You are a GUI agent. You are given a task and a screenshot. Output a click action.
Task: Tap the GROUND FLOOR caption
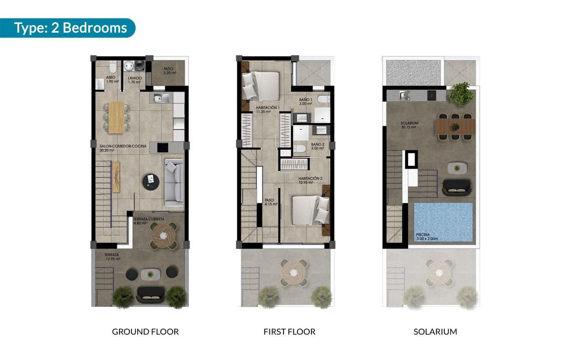[145, 332]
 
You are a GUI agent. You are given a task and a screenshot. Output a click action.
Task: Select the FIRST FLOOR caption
[289, 332]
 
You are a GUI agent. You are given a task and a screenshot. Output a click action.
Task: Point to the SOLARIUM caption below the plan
[435, 332]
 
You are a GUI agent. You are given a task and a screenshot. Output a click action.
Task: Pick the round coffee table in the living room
[151, 182]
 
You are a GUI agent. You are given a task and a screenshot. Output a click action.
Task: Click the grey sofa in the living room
[174, 182]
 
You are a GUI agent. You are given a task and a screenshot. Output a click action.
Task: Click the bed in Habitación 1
[261, 84]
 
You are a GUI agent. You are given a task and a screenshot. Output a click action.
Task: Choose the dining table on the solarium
[455, 126]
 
